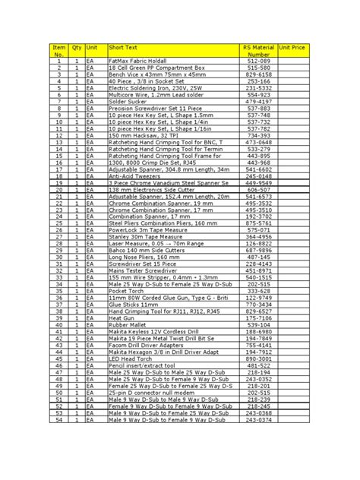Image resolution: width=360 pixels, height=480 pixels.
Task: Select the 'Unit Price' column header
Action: point(292,47)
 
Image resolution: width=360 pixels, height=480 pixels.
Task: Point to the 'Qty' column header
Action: point(77,47)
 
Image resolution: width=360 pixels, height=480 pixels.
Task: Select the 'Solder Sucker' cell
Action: point(126,101)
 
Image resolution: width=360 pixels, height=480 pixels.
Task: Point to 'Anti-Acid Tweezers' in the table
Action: point(133,176)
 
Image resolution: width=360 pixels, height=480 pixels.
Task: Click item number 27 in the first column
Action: point(58,237)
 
